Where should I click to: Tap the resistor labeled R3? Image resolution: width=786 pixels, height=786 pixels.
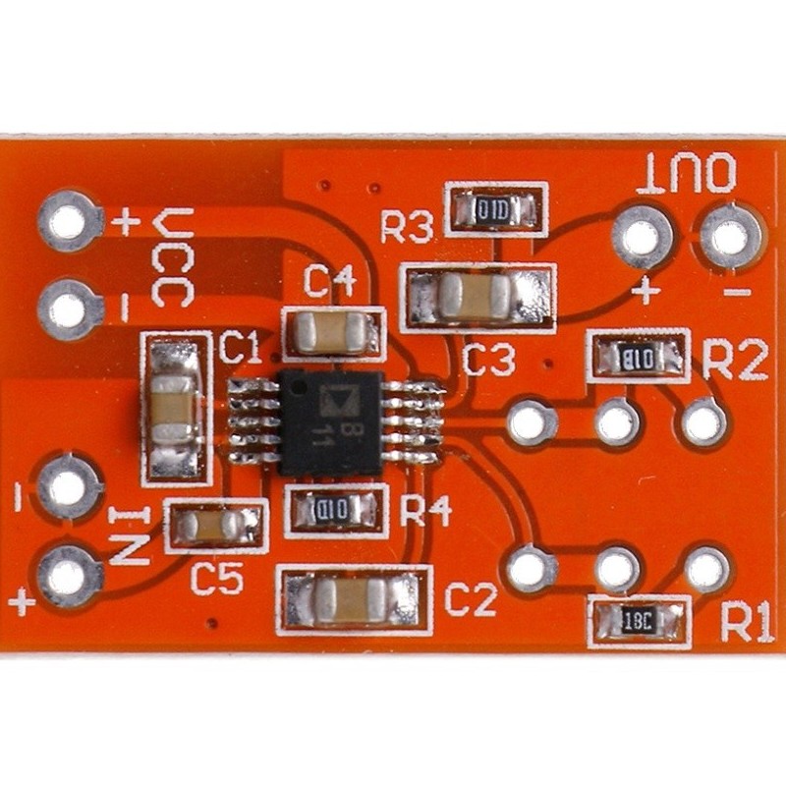pyautogui.click(x=493, y=209)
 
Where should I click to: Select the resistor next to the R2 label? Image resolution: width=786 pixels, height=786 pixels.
pyautogui.click(x=638, y=356)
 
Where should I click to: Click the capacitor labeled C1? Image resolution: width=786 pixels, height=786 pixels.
pyautogui.click(x=175, y=408)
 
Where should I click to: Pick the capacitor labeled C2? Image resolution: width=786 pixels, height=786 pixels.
pyautogui.click(x=353, y=598)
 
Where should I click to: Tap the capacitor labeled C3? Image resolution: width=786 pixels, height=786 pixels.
pyautogui.click(x=478, y=296)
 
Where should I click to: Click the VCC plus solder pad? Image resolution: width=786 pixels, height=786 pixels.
pyautogui.click(x=71, y=221)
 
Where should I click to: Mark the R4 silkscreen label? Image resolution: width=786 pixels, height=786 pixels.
pyautogui.click(x=426, y=511)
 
